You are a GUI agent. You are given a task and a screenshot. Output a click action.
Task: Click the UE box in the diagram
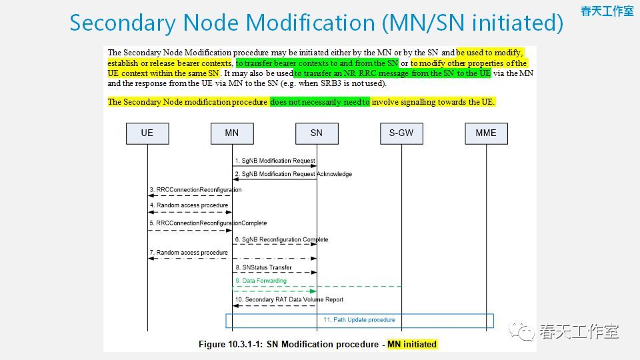tap(147, 133)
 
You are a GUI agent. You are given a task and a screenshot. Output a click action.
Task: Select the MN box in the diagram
tap(232, 133)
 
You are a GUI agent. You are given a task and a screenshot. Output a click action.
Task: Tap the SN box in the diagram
tap(317, 133)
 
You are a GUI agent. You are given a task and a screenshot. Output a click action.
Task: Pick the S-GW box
tap(401, 133)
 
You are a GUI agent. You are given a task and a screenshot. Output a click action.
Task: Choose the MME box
tap(486, 133)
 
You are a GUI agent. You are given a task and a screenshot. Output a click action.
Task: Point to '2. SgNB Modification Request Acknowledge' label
tap(293, 174)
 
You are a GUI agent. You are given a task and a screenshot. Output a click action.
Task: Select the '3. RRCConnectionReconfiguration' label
tap(195, 190)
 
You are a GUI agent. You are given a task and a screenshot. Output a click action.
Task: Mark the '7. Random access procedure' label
tap(189, 253)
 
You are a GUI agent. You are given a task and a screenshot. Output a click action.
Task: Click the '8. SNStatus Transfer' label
tap(263, 267)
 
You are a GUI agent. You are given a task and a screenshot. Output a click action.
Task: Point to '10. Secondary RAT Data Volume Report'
tap(289, 300)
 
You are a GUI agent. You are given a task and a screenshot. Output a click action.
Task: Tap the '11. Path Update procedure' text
tap(359, 320)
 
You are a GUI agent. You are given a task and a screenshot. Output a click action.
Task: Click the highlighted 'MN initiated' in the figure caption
tap(412, 345)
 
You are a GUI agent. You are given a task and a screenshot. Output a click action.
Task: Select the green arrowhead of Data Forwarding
tap(312, 291)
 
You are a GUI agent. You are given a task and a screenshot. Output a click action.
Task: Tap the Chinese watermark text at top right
tap(607, 11)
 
